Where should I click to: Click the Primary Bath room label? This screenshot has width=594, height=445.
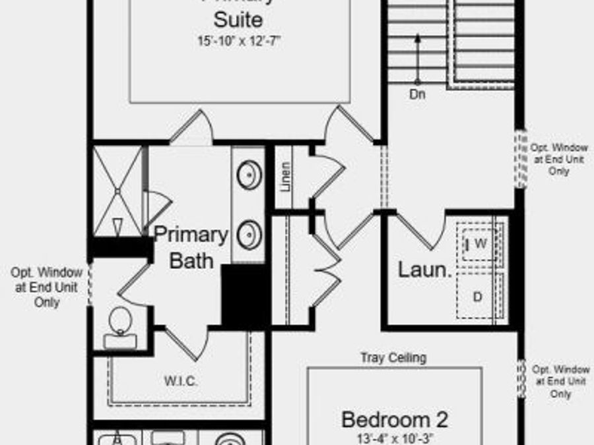[x=191, y=247]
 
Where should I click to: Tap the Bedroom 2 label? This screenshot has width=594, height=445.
[x=395, y=419]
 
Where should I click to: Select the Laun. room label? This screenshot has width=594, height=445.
[x=424, y=270]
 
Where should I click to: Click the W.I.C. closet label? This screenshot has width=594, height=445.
[x=180, y=381]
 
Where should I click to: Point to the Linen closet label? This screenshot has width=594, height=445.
[x=285, y=177]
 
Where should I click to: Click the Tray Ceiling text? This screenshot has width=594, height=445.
[x=393, y=358]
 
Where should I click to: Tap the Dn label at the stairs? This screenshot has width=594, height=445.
[x=417, y=94]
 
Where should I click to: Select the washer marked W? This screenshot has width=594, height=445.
[x=480, y=244]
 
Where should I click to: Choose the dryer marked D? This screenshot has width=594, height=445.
[x=477, y=297]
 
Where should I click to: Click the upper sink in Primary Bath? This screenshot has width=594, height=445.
[x=249, y=175]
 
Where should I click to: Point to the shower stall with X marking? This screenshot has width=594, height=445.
[x=117, y=191]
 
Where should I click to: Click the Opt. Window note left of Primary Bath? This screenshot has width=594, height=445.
[x=46, y=287]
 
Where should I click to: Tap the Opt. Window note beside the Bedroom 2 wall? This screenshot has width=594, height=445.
[x=560, y=381]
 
